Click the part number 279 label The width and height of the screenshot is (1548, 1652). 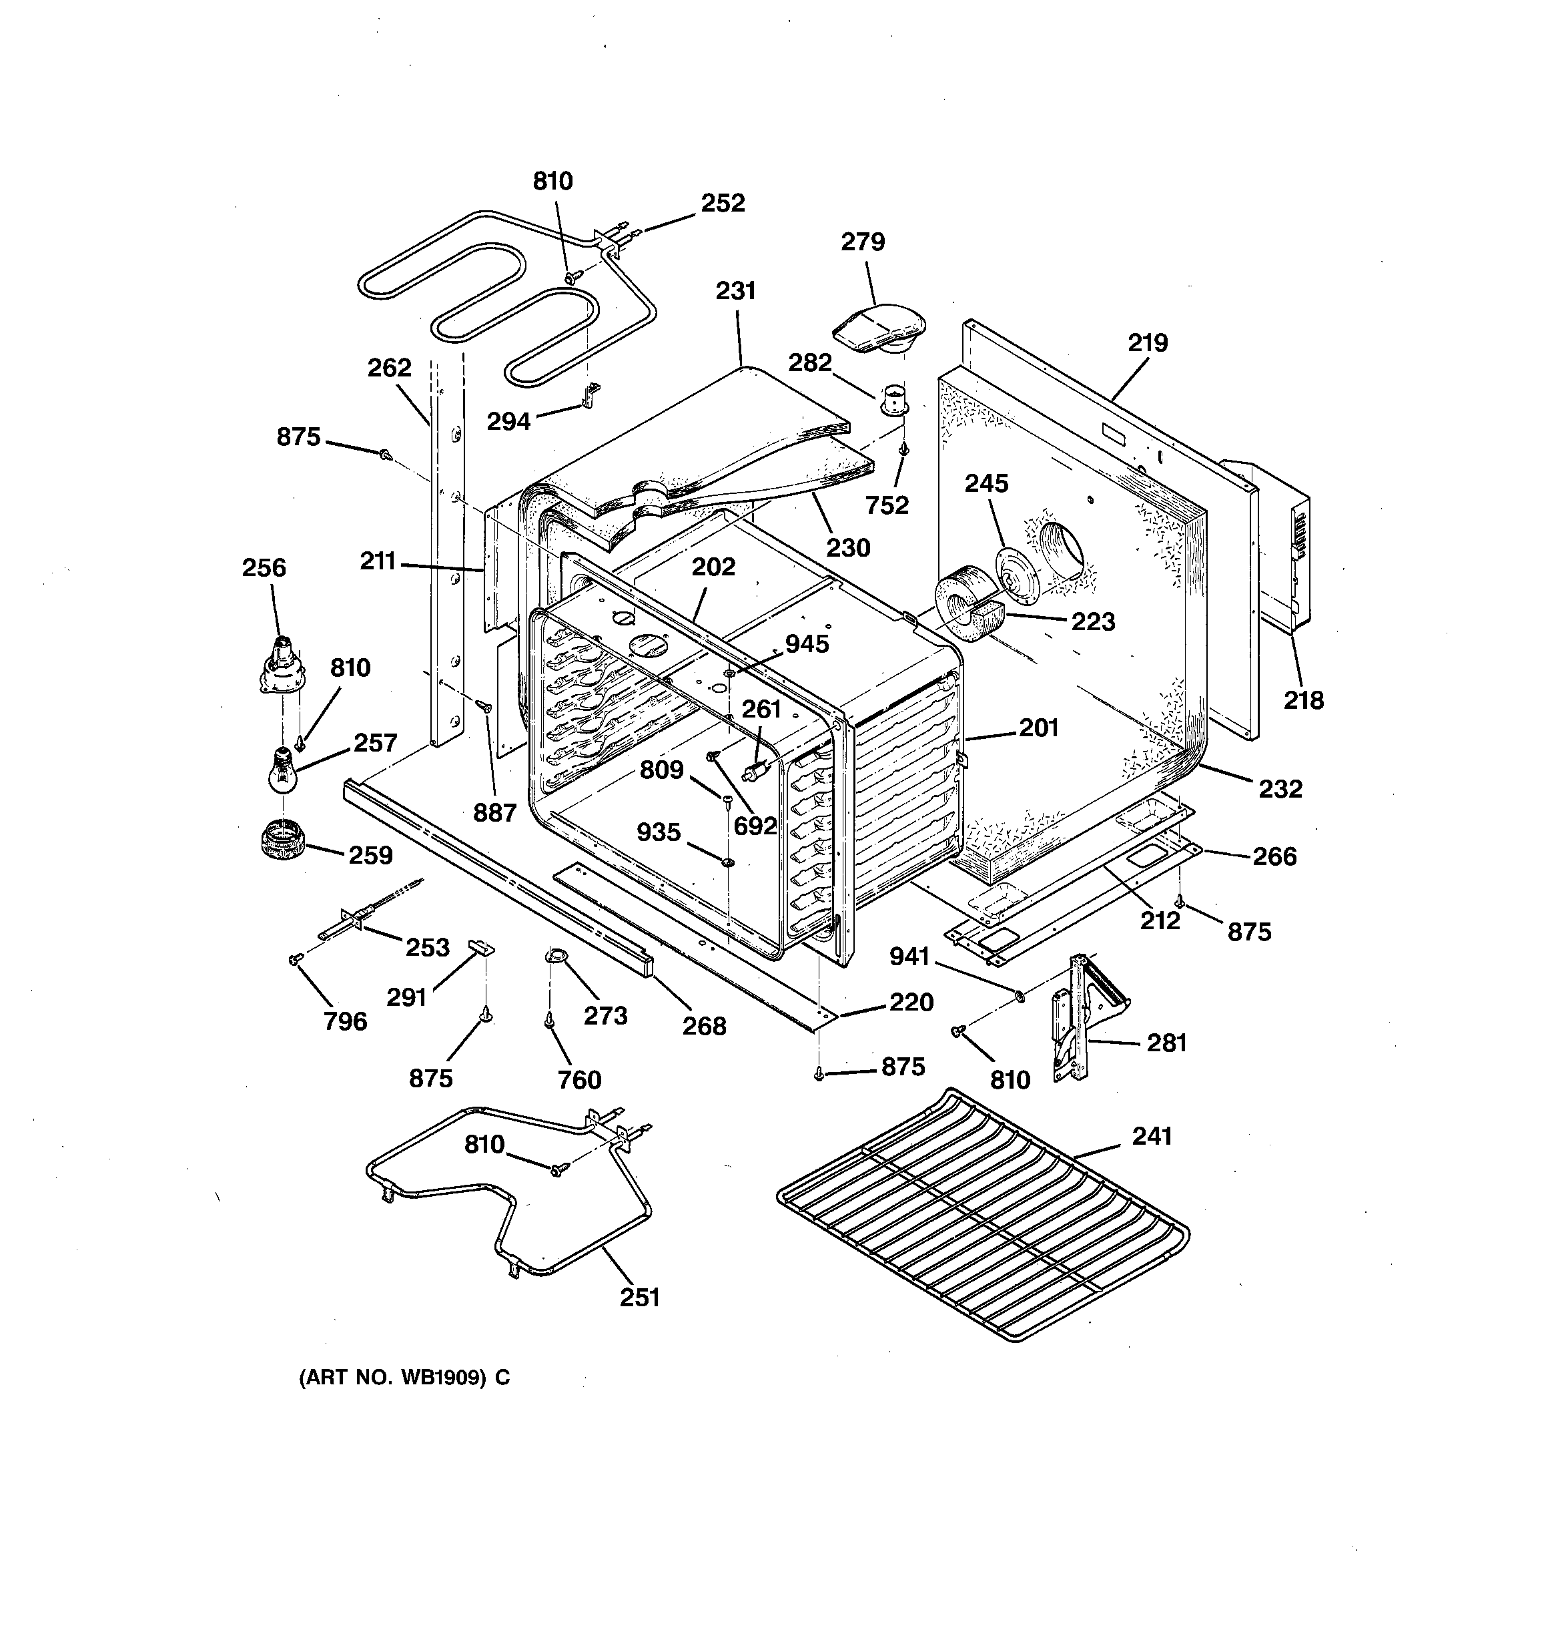[x=863, y=242]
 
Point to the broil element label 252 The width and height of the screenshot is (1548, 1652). [x=722, y=203]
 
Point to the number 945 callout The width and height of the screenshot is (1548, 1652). [x=807, y=644]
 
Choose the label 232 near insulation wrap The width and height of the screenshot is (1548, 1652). [x=1280, y=788]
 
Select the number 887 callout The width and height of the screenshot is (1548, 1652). [x=494, y=813]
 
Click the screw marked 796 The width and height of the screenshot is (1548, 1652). [x=294, y=960]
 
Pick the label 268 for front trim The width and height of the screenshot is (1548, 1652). [x=704, y=1027]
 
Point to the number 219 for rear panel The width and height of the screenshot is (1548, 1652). [x=1148, y=342]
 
